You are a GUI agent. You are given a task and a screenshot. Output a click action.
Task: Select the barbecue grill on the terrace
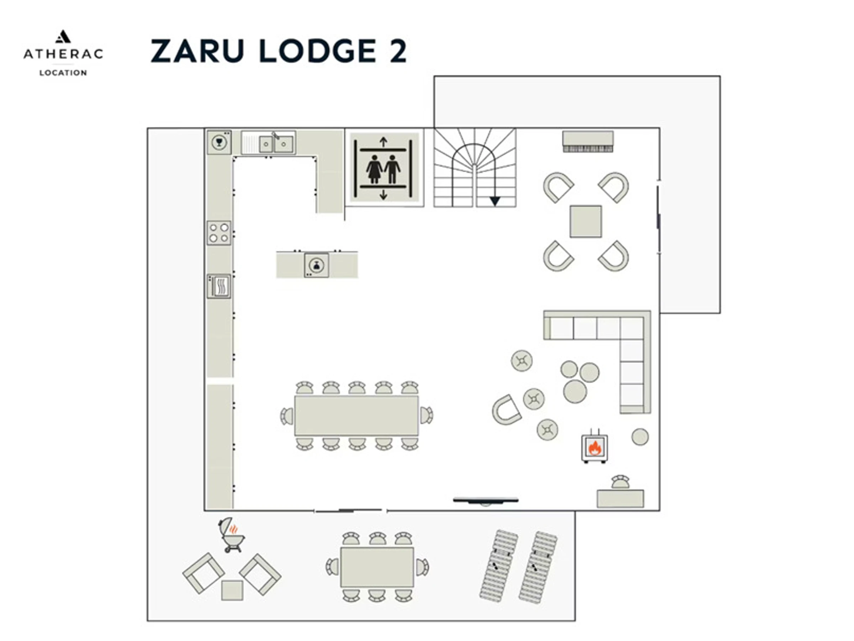232,535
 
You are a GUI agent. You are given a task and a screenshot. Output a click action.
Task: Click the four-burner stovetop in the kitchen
218,233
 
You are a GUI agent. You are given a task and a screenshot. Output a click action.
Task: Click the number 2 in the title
398,51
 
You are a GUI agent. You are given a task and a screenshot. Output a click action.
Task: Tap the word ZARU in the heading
197,51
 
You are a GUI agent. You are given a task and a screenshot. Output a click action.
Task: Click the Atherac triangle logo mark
63,36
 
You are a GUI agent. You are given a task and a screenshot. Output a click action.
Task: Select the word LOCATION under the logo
63,73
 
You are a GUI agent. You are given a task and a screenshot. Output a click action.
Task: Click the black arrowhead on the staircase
495,201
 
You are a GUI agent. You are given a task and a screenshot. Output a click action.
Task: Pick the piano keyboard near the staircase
587,141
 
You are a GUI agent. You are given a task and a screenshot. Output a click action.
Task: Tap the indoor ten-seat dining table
356,416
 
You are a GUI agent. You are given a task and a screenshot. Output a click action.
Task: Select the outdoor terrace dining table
377,567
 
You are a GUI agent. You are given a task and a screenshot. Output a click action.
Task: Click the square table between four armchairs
586,222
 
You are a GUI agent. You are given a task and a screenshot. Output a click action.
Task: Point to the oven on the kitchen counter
218,286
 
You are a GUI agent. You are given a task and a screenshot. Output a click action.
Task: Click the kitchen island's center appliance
317,265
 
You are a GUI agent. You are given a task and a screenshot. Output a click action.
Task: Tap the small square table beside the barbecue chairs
232,590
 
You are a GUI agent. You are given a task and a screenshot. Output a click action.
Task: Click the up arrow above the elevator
383,142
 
